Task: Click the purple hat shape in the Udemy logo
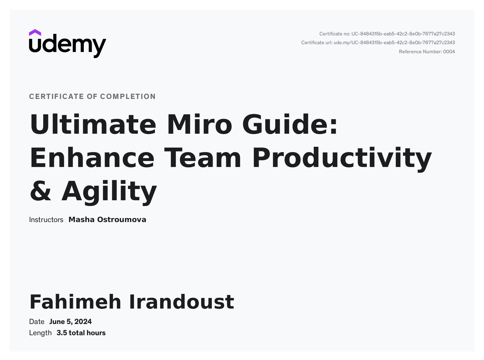(35, 33)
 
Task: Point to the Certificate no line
(387, 34)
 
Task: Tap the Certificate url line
(378, 43)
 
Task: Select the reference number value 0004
(449, 52)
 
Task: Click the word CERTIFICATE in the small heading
(57, 97)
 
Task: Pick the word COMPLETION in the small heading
(128, 97)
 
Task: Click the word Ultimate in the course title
(93, 124)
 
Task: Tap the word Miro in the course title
(199, 124)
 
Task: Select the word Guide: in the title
(290, 124)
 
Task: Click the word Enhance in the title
(92, 158)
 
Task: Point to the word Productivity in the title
(342, 159)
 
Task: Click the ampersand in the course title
(41, 191)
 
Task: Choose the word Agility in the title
(109, 192)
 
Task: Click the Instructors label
(46, 220)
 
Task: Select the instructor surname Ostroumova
(122, 220)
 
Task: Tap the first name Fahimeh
(75, 302)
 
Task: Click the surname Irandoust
(181, 302)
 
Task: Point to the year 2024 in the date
(83, 322)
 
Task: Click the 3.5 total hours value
(81, 333)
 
